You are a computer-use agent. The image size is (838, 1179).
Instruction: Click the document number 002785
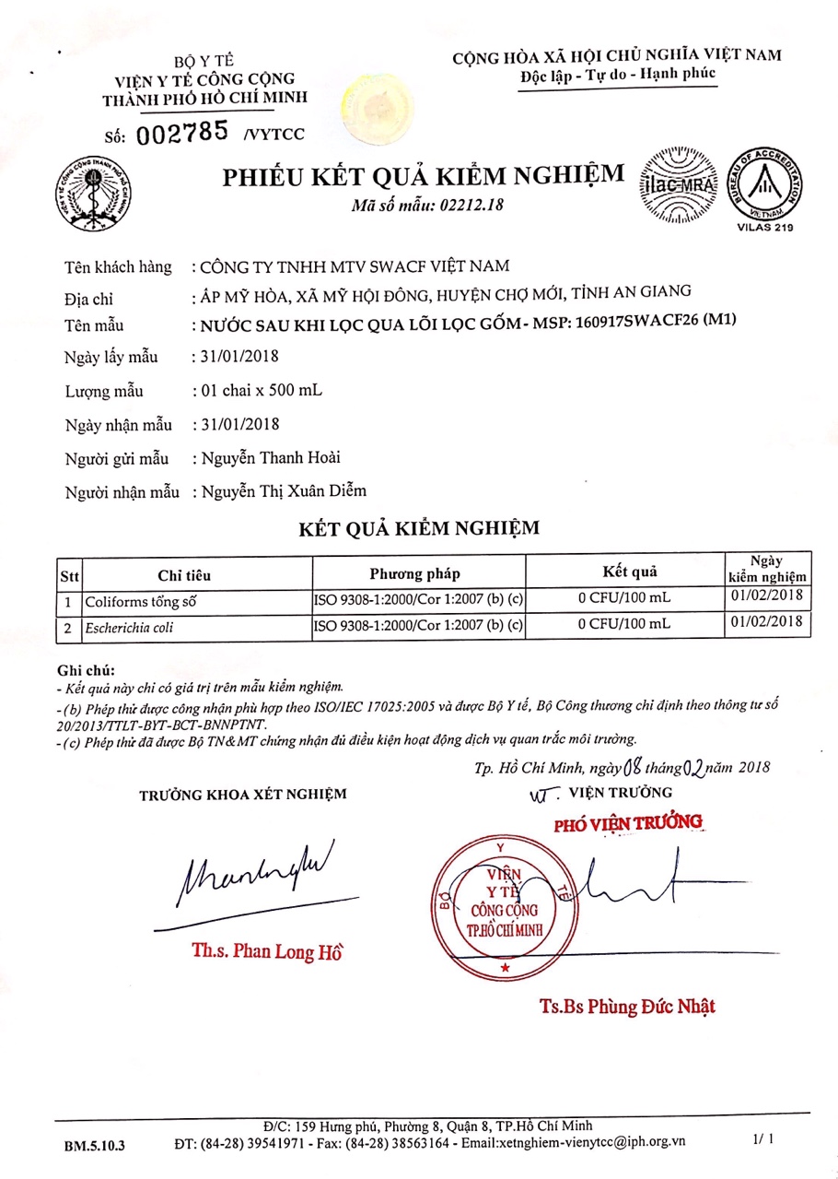pos(182,133)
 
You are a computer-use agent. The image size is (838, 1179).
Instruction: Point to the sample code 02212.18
pos(473,206)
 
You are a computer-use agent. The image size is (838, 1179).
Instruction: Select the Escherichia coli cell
pos(130,627)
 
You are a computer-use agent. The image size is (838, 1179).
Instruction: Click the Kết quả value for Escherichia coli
pos(624,625)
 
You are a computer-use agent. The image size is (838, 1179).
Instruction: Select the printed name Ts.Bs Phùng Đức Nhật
pos(627,1006)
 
